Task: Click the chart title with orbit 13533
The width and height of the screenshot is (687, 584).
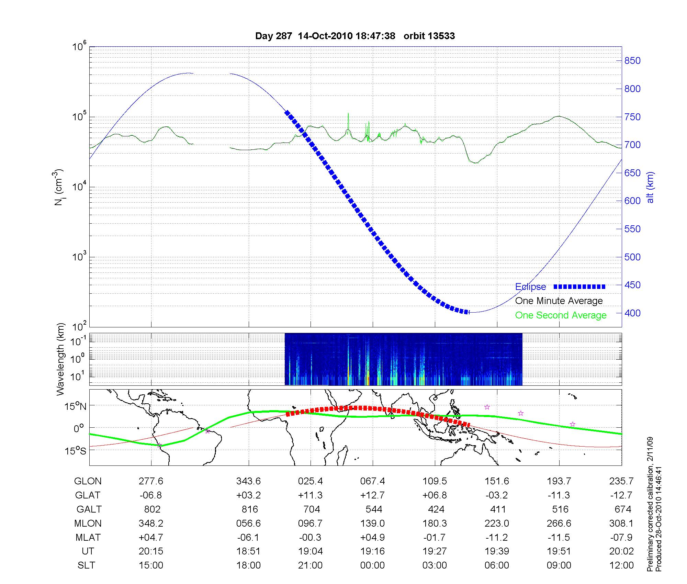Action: click(355, 36)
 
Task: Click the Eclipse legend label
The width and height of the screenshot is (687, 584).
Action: click(530, 287)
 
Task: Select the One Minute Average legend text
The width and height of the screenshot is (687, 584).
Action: click(559, 301)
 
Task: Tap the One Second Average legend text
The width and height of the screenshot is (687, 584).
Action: click(561, 315)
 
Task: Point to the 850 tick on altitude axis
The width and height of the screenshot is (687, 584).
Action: click(632, 61)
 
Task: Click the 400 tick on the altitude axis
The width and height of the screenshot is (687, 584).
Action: click(632, 313)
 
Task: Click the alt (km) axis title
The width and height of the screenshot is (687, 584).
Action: click(650, 187)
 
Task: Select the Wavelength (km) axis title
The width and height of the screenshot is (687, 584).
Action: click(60, 359)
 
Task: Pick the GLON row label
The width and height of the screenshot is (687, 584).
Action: click(88, 481)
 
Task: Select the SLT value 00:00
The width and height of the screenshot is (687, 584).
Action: click(373, 565)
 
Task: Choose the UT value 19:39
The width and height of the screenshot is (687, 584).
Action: click(497, 551)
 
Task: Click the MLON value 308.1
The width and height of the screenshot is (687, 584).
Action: click(621, 523)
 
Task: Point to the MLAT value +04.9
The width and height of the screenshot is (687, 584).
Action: click(373, 537)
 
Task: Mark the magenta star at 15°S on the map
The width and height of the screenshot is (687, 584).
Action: click(159, 445)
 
